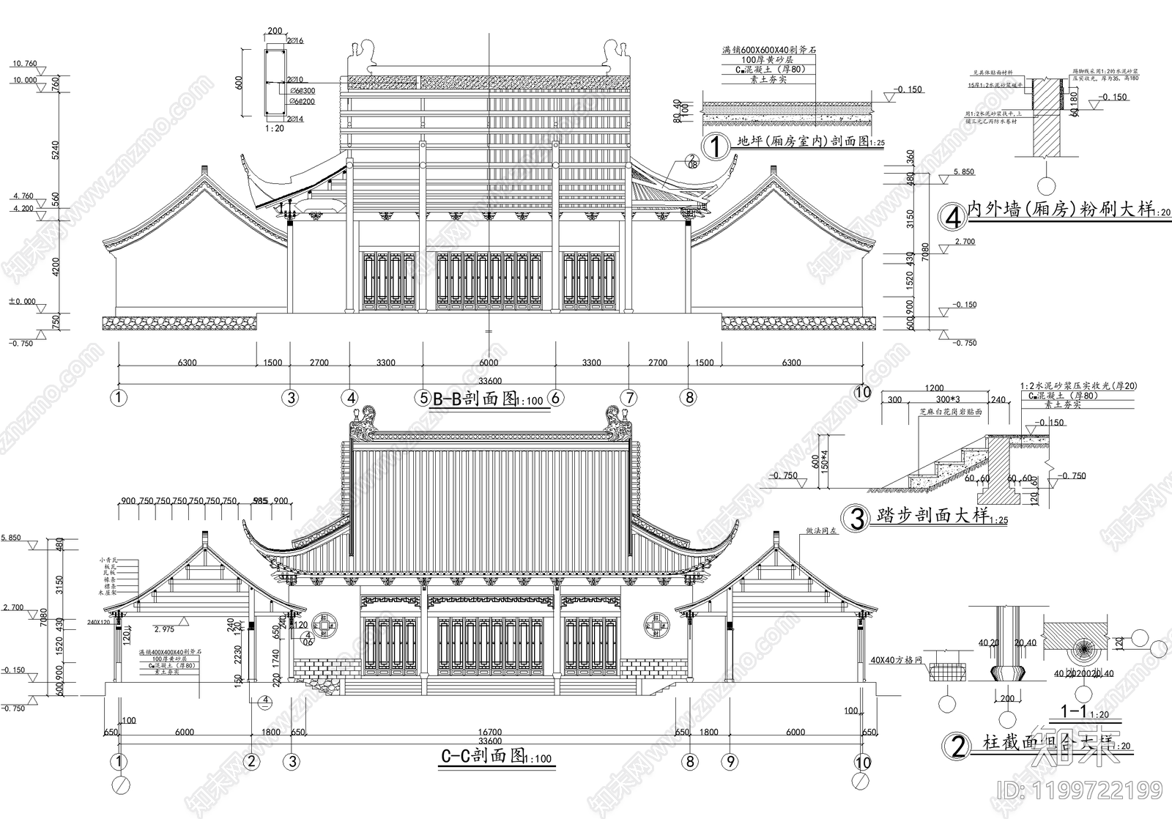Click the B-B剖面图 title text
tap(475, 399)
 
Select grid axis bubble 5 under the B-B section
tap(423, 398)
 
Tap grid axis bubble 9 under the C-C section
tap(729, 762)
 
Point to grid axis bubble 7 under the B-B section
tap(629, 398)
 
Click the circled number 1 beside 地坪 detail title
tap(714, 145)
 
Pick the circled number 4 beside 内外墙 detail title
tap(952, 217)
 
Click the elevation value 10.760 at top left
tap(24, 64)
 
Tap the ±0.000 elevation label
tap(21, 301)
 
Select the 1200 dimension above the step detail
tap(934, 388)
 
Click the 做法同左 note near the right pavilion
tap(821, 530)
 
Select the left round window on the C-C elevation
tap(322, 625)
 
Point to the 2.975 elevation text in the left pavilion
tap(164, 629)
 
